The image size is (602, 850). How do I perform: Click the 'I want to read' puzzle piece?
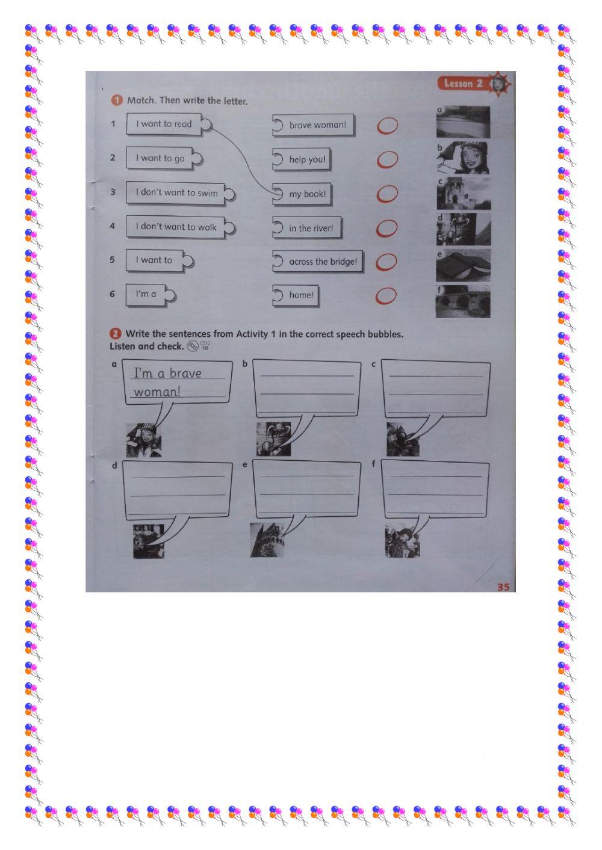[x=164, y=125]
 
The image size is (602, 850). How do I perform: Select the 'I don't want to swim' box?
[x=176, y=193]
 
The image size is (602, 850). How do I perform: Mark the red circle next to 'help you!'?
[x=388, y=160]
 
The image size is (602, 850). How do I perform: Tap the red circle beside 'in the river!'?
[x=387, y=229]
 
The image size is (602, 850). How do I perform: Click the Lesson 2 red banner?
[x=463, y=84]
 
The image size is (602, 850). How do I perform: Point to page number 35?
[x=503, y=587]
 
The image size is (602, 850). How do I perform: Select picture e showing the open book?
[x=463, y=266]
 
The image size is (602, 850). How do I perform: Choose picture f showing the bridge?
[x=463, y=301]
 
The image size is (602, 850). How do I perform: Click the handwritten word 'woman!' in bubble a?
[x=157, y=392]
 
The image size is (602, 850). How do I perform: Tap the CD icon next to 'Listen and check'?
[x=193, y=346]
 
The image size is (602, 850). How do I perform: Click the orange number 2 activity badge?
[x=115, y=334]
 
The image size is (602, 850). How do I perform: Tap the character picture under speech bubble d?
[x=148, y=541]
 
